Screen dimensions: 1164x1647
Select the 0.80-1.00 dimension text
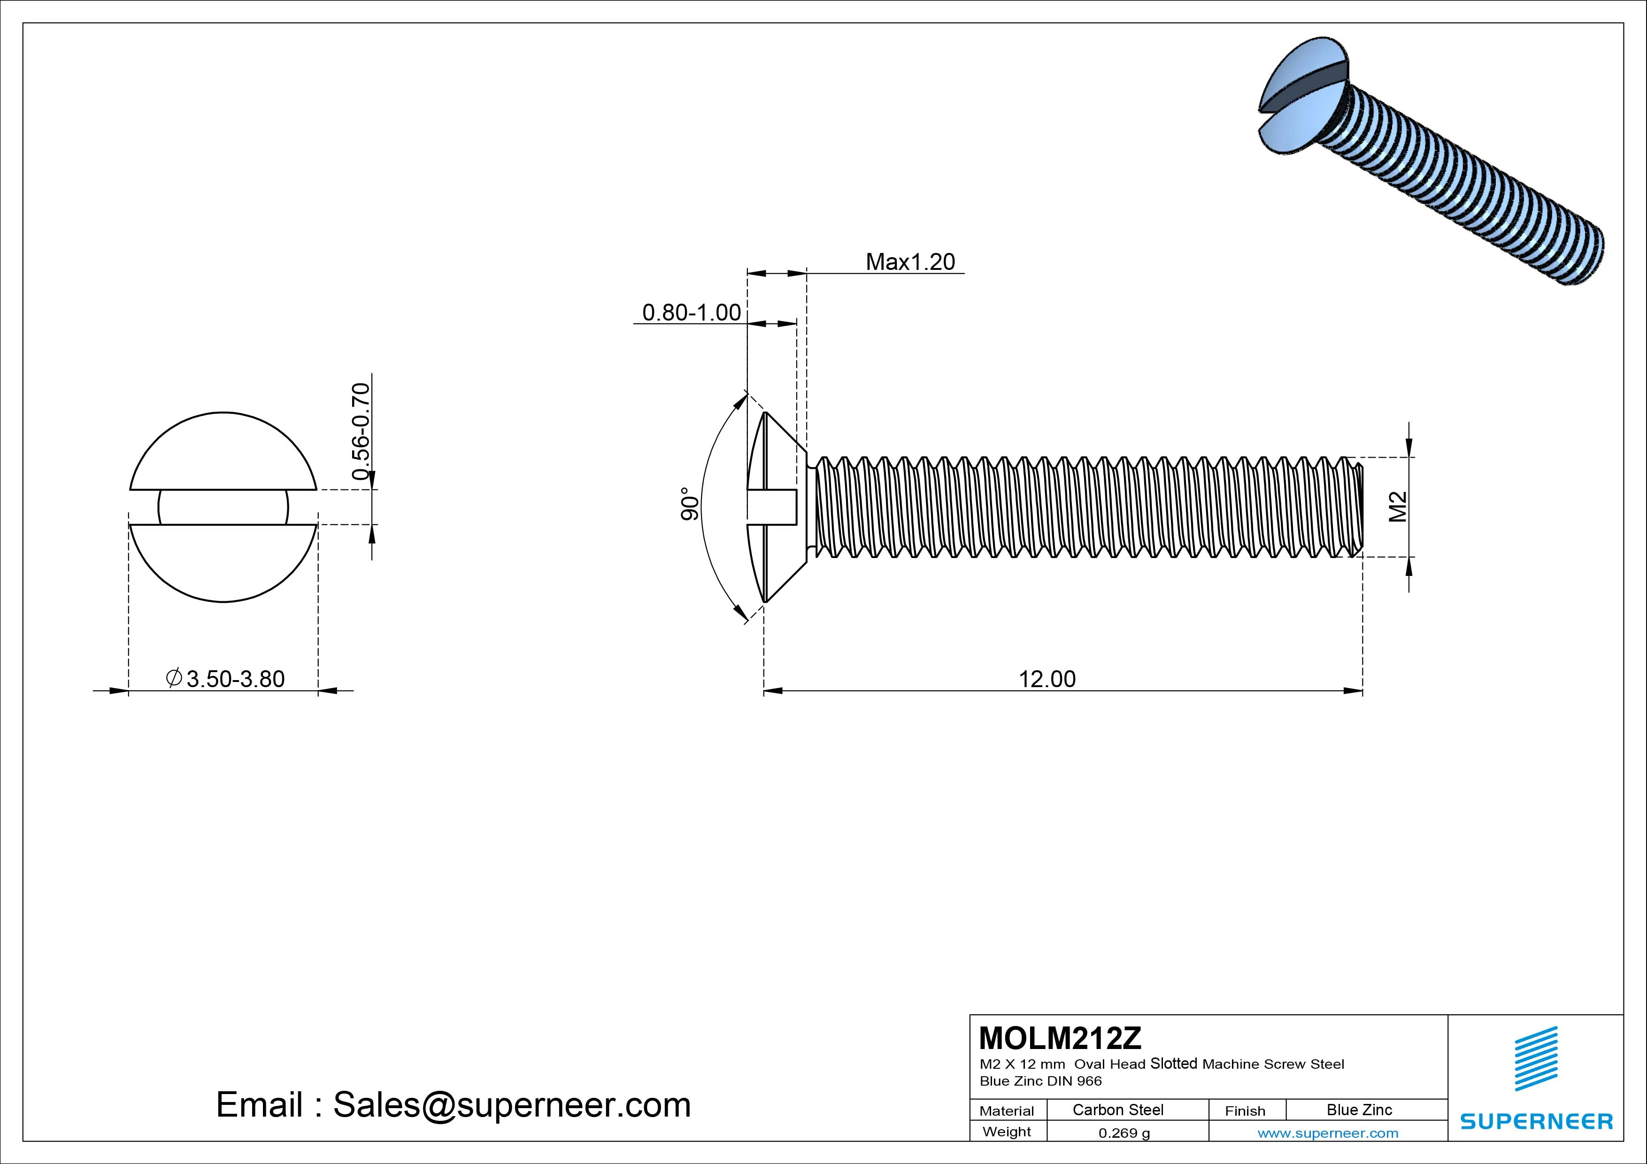691,313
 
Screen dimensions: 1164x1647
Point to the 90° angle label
689,504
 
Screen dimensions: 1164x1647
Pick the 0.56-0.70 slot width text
361,431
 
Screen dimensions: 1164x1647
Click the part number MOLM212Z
1060,1038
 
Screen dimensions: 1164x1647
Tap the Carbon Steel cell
1117,1110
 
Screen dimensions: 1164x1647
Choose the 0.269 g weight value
1124,1133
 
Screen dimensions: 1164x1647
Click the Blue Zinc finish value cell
1359,1110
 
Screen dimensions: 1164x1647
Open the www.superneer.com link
1327,1133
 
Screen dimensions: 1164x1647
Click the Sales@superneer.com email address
511,1105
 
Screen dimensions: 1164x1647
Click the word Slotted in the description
1174,1064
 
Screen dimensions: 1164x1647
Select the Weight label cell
1007,1132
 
